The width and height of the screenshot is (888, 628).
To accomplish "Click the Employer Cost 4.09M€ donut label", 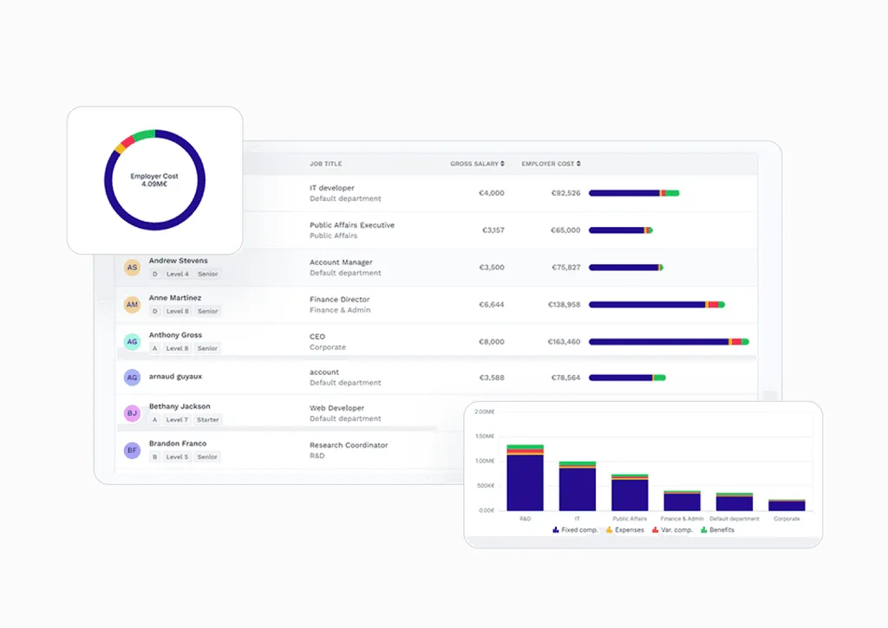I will [154, 180].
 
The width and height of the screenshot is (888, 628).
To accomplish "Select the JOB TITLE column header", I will [326, 164].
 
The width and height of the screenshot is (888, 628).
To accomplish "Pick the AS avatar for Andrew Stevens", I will [132, 268].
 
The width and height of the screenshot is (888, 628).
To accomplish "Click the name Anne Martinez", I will [174, 298].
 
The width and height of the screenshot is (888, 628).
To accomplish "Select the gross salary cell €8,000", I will [491, 342].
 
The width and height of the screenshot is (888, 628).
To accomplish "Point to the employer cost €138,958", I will [566, 305].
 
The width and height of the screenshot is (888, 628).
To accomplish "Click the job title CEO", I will [317, 336].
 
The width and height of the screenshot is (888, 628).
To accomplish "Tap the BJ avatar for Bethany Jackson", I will [132, 414].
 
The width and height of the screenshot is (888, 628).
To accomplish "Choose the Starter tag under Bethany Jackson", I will [207, 420].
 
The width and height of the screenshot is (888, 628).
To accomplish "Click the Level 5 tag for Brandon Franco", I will [177, 456].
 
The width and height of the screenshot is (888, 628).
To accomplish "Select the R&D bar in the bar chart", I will [525, 478].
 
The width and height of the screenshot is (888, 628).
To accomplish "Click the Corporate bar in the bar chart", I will [787, 505].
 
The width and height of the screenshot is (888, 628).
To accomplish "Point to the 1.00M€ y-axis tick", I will [485, 461].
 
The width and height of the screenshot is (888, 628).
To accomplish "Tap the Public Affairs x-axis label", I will [630, 519].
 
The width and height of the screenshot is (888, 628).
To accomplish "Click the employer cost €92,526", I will [566, 193].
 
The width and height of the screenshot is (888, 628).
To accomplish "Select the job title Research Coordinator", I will [349, 445].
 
